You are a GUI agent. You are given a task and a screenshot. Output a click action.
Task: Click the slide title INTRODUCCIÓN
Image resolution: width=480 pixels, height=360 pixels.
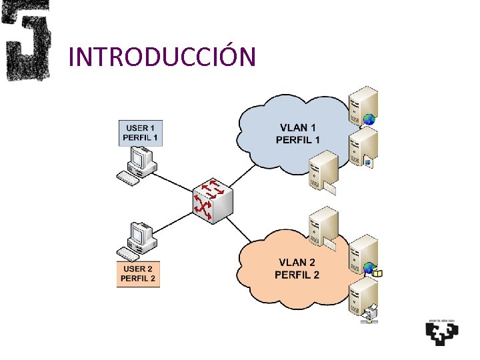pos(162,57)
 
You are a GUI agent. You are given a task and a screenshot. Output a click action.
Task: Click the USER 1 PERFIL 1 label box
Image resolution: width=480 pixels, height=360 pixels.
pos(140,133)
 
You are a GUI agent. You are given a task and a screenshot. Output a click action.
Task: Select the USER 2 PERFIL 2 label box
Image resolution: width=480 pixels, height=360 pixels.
pos(138,273)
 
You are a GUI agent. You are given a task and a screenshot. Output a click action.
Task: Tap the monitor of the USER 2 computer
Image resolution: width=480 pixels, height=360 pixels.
pos(141,234)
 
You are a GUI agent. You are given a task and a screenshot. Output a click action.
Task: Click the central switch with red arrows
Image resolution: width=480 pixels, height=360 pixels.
pos(212,198)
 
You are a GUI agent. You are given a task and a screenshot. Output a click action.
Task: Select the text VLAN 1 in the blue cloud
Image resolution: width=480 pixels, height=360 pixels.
pos(298,127)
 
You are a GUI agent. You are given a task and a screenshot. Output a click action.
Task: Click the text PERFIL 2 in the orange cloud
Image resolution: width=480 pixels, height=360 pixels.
pos(297,275)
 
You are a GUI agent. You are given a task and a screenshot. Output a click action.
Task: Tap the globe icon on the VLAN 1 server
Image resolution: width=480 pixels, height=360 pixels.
pos(369,120)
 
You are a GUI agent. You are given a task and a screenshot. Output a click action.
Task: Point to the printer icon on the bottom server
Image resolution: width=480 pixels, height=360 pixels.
pos(370,312)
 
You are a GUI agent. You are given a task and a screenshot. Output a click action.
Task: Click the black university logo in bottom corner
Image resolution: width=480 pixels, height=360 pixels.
pos(441,331)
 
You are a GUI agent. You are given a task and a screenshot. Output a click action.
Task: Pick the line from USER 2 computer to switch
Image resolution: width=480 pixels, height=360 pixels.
pos(175,222)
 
